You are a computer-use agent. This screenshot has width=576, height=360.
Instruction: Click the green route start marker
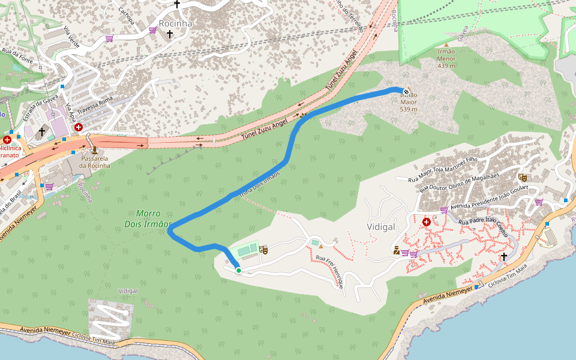(238, 271)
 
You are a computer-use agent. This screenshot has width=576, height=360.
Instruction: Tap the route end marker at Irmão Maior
(407, 91)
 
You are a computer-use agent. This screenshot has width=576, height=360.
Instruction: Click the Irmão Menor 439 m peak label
(446, 58)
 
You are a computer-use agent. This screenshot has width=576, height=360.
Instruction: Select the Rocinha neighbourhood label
(176, 23)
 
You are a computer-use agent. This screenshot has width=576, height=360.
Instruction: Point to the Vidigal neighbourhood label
(380, 227)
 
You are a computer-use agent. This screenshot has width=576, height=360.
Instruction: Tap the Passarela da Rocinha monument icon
(94, 150)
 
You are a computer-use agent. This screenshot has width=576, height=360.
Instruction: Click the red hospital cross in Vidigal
(427, 222)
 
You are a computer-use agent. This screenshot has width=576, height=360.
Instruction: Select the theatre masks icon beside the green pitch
(263, 249)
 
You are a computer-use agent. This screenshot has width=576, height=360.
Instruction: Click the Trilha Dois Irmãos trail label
(260, 184)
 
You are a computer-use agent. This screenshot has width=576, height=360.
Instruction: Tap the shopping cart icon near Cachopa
(109, 38)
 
